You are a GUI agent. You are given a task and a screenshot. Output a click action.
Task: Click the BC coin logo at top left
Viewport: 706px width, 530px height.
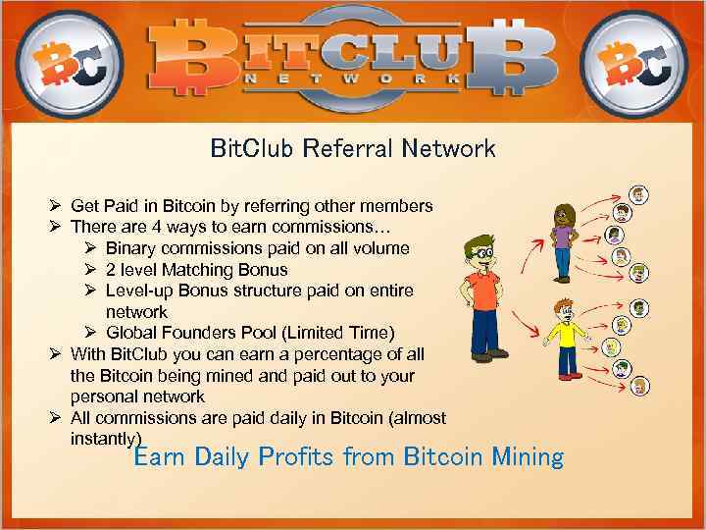(69, 61)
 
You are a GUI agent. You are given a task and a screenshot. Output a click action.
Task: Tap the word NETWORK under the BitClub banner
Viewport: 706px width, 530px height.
(353, 78)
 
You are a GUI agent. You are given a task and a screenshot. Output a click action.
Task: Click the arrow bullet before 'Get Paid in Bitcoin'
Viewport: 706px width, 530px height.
(56, 206)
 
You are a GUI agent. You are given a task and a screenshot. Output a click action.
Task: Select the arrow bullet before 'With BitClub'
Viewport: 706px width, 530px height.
(56, 354)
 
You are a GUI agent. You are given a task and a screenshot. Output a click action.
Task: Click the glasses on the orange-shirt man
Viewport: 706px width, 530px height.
(480, 251)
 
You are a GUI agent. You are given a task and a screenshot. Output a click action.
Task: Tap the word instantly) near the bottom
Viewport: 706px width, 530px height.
(106, 439)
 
